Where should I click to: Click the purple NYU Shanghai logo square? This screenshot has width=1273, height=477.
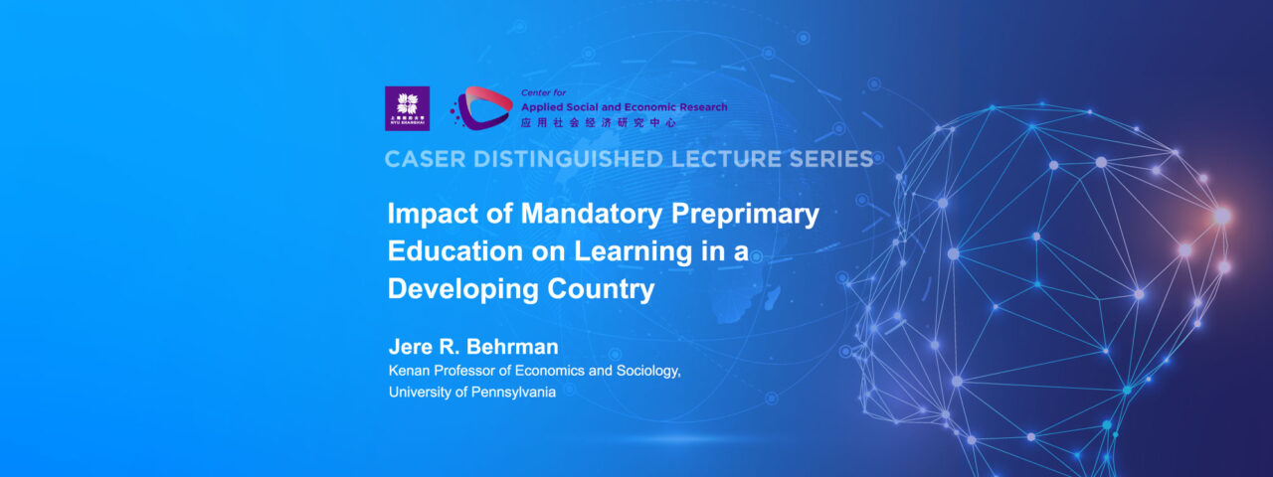click(x=407, y=108)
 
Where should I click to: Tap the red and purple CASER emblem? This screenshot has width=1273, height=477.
click(x=482, y=108)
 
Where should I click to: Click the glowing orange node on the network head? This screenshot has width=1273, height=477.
click(x=1221, y=216)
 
